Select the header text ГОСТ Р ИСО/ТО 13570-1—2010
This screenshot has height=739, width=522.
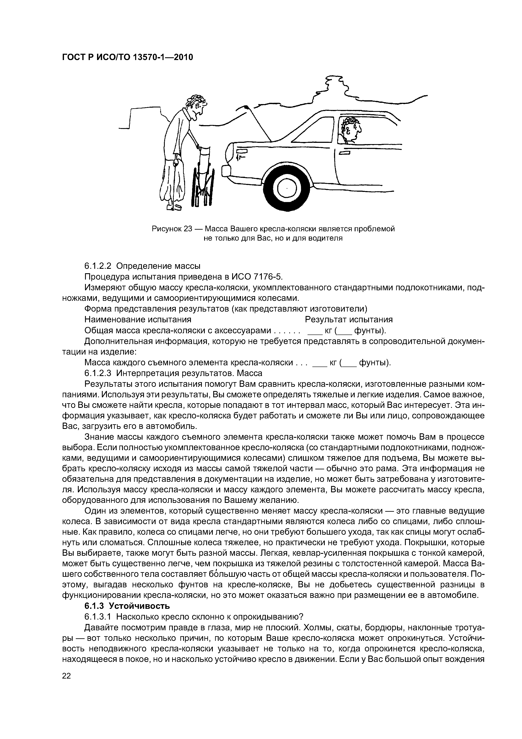click(x=127, y=57)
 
